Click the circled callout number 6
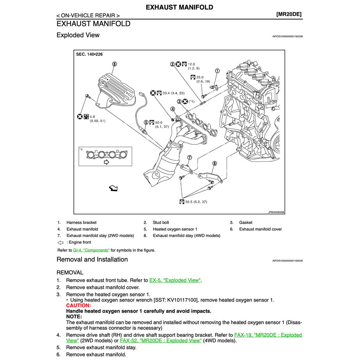click(114, 64)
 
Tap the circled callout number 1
click(217, 71)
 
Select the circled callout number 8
click(214, 163)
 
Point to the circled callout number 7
click(189, 157)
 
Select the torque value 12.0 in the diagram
click(191, 64)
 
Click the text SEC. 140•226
click(89, 54)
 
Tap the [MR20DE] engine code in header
click(289, 14)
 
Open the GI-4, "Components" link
click(91, 250)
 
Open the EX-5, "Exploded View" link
click(175, 280)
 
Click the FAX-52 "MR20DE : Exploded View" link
click(161, 340)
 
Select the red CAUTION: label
click(78, 306)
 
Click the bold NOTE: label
click(74, 316)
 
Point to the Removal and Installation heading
click(92, 259)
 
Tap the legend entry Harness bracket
click(82, 223)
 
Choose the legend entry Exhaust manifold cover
click(261, 229)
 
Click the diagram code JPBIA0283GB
click(276, 212)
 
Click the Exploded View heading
click(78, 35)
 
